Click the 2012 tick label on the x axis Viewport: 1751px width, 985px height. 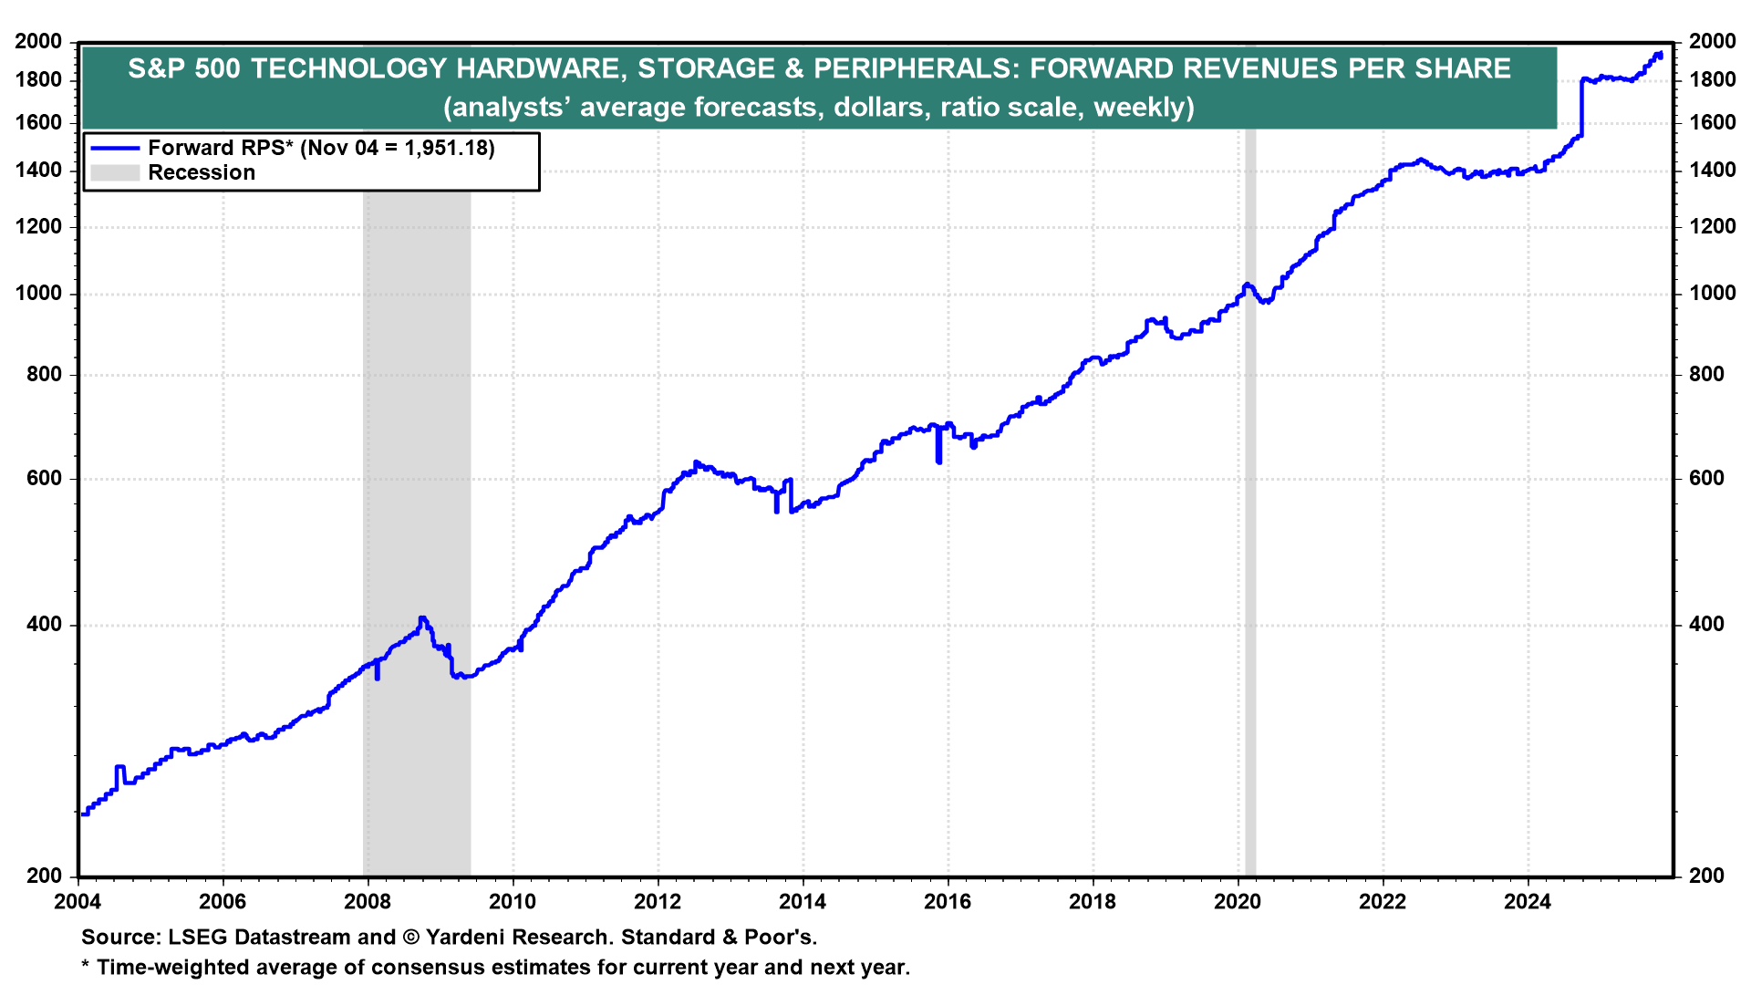[x=658, y=902]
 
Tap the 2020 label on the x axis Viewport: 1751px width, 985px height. [x=1238, y=902]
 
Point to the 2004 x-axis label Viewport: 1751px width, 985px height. [x=78, y=902]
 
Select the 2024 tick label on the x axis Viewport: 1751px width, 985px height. [x=1528, y=902]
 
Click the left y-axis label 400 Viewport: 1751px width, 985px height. [x=45, y=625]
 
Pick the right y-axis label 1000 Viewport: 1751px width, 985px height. [x=1712, y=294]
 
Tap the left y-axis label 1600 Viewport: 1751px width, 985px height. [x=39, y=122]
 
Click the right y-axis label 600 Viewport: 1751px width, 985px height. [x=1706, y=479]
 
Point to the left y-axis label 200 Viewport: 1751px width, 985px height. [x=45, y=876]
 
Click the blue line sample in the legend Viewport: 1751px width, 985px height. [x=115, y=148]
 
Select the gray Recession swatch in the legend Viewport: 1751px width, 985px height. [x=115, y=172]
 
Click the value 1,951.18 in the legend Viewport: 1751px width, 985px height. [x=443, y=148]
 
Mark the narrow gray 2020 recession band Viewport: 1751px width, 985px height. [x=1250, y=502]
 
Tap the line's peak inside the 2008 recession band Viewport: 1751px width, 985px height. [x=421, y=618]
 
